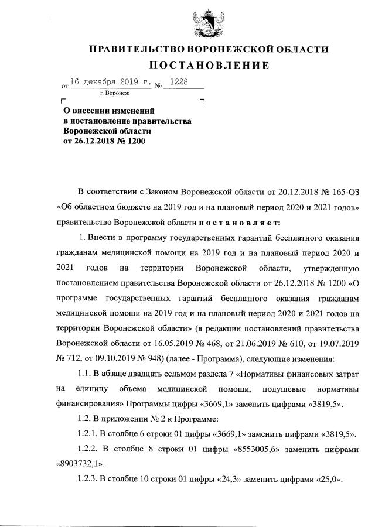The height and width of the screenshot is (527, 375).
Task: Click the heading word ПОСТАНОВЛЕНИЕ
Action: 208,65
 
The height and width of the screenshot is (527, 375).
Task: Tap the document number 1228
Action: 178,83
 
